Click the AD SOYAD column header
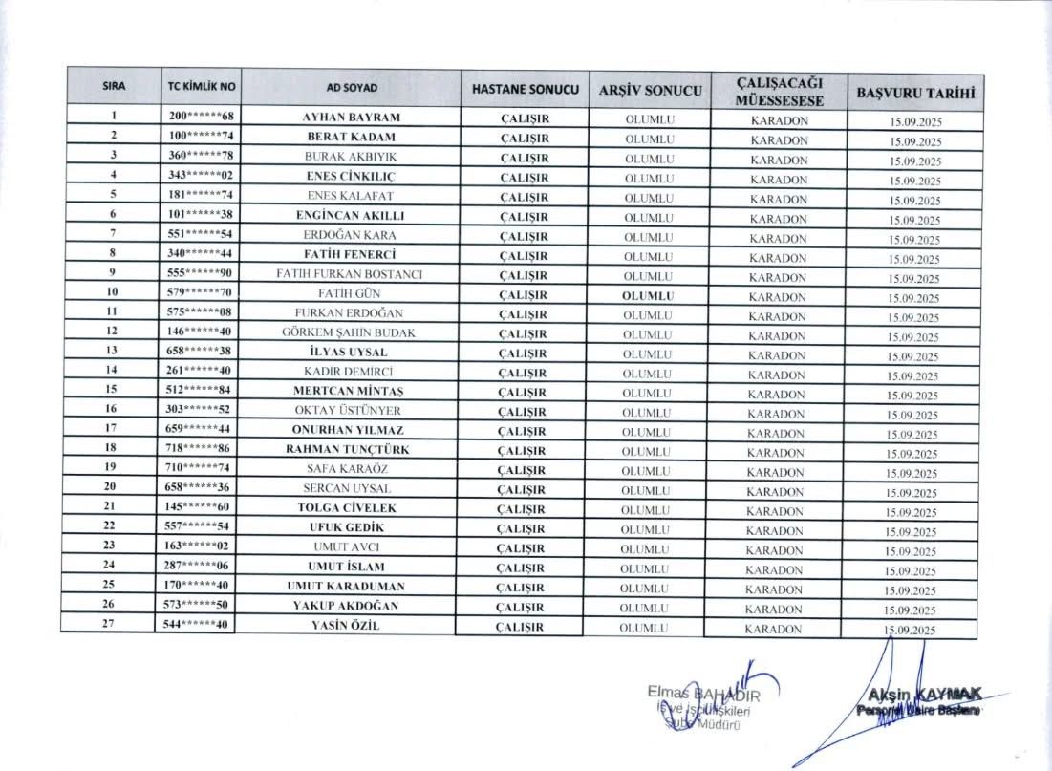[352, 88]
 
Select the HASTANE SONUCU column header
[526, 88]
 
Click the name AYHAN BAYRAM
[351, 118]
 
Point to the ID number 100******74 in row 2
[201, 137]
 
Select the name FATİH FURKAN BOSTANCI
[350, 274]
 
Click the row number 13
[112, 352]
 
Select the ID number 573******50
[198, 606]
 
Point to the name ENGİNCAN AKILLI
[350, 215]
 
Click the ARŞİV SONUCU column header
[650, 91]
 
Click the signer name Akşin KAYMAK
[918, 695]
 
